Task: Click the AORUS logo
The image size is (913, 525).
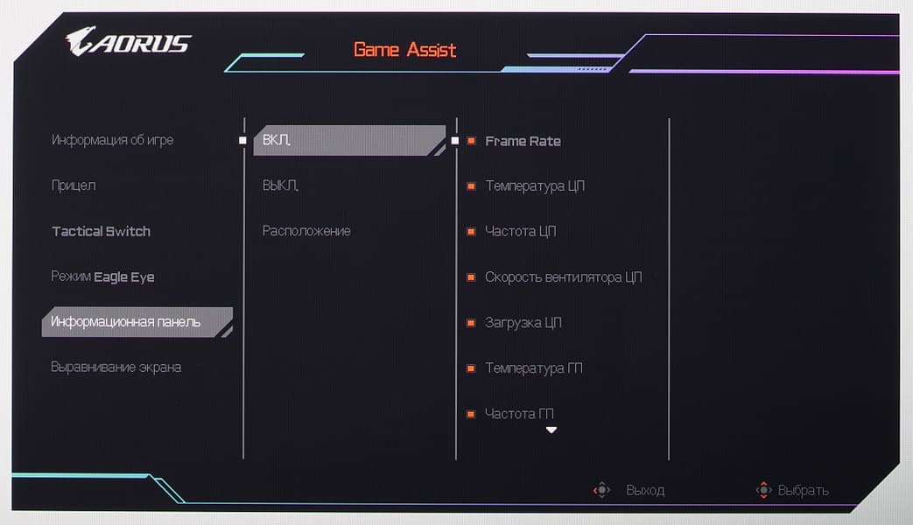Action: [x=128, y=41]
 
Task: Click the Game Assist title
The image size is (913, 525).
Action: [x=404, y=50]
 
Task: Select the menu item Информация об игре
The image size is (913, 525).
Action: [x=112, y=140]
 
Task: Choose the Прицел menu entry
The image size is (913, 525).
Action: [x=74, y=185]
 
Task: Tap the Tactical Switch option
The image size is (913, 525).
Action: [x=102, y=231]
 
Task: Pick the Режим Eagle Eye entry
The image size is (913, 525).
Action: [x=102, y=276]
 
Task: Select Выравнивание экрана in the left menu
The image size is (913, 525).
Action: [x=116, y=367]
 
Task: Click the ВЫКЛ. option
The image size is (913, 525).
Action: [x=280, y=185]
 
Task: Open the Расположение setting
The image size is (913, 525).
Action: [x=306, y=231]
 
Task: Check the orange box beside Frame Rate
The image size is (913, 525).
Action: [x=471, y=141]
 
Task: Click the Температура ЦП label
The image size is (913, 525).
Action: [x=535, y=186]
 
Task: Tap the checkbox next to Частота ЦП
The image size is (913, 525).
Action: [x=471, y=232]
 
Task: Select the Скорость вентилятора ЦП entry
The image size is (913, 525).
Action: [x=564, y=277]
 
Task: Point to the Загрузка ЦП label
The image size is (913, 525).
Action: [x=523, y=323]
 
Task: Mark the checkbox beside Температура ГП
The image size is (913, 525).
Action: [x=471, y=368]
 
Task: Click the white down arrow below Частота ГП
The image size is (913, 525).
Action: [x=551, y=430]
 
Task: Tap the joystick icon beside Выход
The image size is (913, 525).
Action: [x=601, y=490]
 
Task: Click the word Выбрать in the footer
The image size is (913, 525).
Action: [x=804, y=491]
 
